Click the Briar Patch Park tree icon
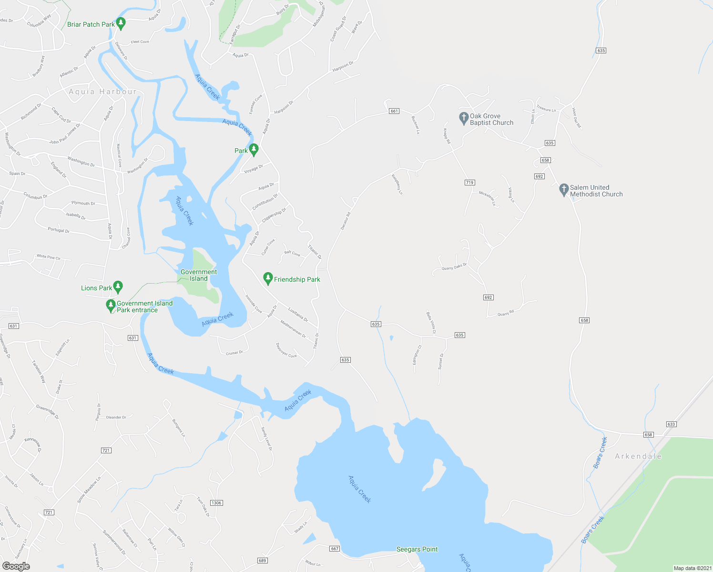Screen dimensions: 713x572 tap(121, 23)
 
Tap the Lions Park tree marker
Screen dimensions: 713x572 tap(118, 286)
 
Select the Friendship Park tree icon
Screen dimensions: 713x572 tap(268, 278)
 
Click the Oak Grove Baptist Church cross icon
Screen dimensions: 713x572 tap(463, 118)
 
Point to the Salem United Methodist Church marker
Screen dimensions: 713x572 tap(563, 190)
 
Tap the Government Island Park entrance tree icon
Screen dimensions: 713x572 tap(111, 305)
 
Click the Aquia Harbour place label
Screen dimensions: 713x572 tap(102, 92)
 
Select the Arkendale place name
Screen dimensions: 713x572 tap(638, 456)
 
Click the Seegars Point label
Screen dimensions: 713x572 tap(417, 549)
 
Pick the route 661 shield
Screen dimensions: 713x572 tap(394, 111)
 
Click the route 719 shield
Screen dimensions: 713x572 tap(469, 183)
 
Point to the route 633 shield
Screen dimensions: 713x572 tap(671, 424)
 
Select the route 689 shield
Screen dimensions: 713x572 tap(262, 561)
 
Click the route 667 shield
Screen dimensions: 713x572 tap(335, 549)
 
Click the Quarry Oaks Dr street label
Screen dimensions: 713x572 tap(454, 267)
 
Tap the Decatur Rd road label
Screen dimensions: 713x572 tap(346, 221)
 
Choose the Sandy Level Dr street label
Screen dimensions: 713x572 tap(266, 439)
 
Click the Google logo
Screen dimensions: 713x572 tap(16, 566)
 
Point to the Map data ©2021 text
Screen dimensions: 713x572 tap(692, 568)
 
